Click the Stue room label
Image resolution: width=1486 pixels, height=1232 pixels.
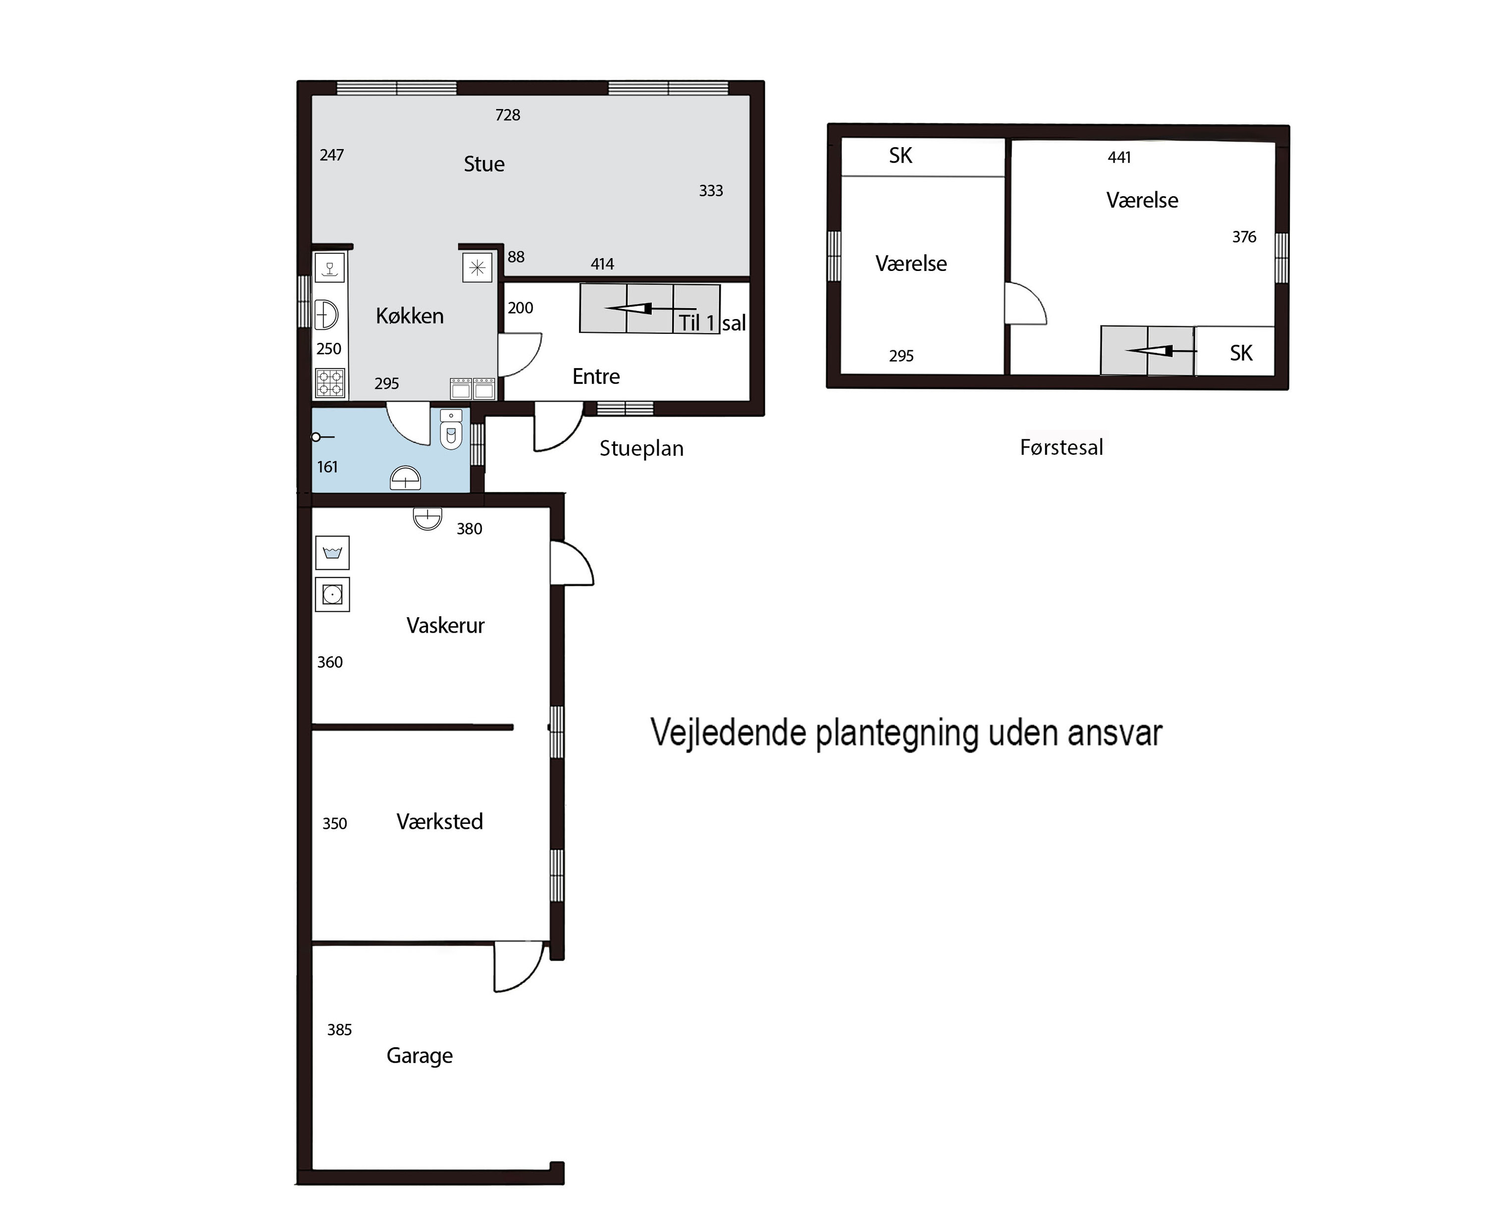tap(484, 164)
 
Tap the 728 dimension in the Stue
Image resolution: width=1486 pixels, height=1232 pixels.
tap(507, 114)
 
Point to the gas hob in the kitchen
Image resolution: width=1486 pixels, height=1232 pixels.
tap(330, 383)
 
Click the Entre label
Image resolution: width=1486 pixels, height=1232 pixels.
tap(596, 376)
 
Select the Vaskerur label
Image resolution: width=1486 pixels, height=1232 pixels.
tap(445, 626)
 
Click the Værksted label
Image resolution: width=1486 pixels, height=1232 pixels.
tap(439, 821)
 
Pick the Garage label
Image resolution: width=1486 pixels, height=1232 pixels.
tap(420, 1056)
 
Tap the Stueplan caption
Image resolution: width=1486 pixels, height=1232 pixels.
tap(641, 449)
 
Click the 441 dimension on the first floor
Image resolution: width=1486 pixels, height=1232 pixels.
tap(1119, 157)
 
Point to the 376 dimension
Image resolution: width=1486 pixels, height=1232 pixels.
tap(1244, 237)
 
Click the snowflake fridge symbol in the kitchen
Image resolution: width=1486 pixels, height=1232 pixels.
tap(477, 268)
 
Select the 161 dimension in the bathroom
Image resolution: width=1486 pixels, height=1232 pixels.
tap(327, 467)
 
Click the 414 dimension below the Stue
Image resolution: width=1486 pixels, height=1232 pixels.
tap(602, 264)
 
